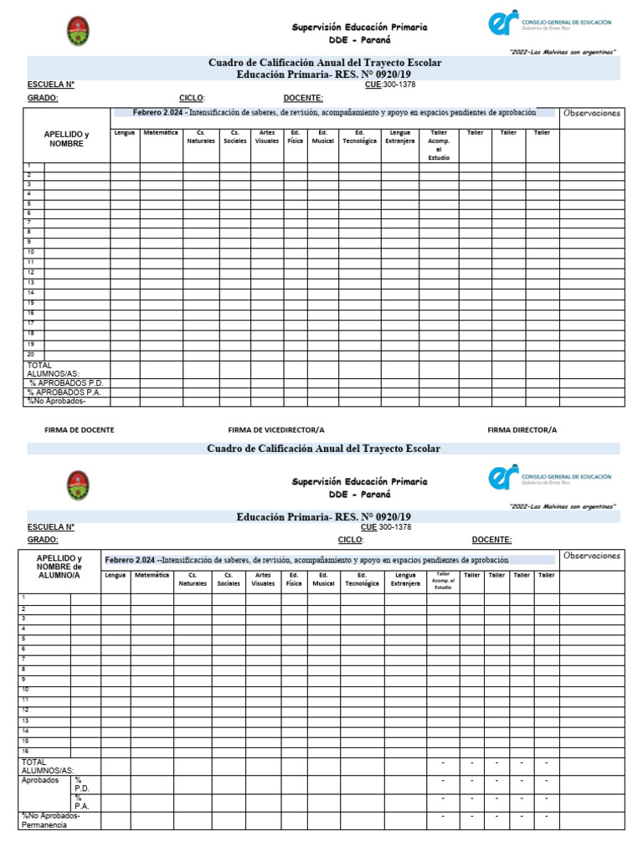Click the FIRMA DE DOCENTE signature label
(79, 429)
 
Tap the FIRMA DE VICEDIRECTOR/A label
(275, 429)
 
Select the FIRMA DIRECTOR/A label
(522, 429)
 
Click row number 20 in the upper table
(30, 354)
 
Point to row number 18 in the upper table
(30, 333)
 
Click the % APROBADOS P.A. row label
(65, 392)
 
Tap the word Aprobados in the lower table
(40, 779)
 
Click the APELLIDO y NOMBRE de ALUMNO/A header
(59, 567)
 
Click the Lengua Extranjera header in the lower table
(405, 579)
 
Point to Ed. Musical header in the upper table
(322, 136)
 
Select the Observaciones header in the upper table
(592, 113)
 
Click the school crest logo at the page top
(78, 32)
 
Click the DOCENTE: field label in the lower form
(491, 540)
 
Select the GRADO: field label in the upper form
(43, 98)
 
